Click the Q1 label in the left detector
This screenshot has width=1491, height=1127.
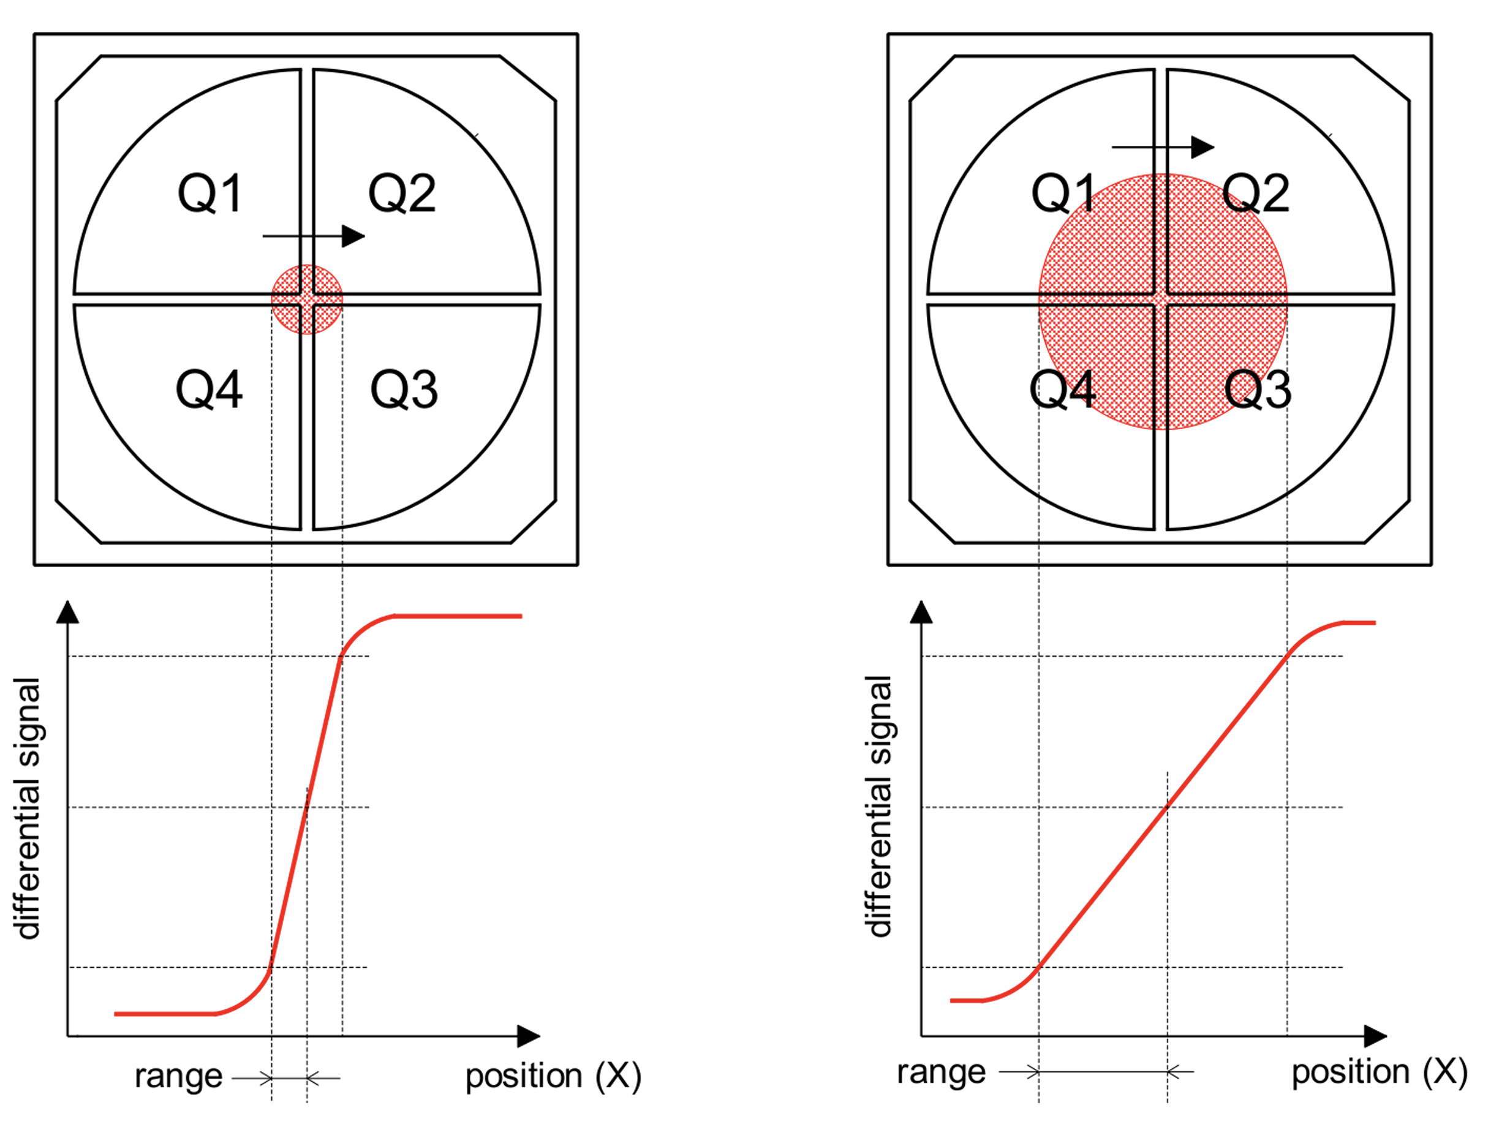(209, 194)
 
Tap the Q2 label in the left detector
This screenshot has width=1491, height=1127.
(402, 194)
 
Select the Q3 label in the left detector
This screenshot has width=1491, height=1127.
(404, 390)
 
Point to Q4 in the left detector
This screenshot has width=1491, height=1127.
(209, 390)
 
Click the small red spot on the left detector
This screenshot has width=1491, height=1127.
(307, 300)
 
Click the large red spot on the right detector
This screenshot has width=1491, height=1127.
(1163, 301)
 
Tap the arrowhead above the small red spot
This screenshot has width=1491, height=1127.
(352, 236)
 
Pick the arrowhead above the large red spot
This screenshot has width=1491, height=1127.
(1202, 147)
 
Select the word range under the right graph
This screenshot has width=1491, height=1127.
(941, 1071)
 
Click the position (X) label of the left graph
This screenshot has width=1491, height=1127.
(553, 1076)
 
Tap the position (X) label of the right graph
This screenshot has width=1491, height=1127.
(1379, 1071)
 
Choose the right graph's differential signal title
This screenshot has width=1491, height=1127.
(880, 806)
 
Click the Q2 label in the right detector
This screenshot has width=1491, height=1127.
(1256, 194)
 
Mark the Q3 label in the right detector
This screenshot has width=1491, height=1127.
(1258, 390)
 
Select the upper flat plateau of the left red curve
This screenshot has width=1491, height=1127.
(458, 616)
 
